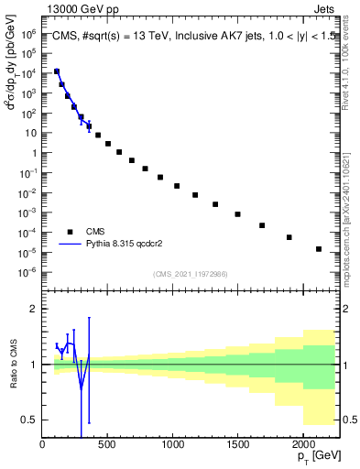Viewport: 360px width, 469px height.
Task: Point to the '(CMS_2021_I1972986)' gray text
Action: pos(191,274)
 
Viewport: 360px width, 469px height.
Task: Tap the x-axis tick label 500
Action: pos(108,444)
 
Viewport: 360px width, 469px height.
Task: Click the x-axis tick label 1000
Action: pos(173,444)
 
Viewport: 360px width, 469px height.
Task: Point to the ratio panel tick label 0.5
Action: pos(30,420)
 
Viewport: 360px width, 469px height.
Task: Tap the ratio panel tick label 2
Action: pos(34,309)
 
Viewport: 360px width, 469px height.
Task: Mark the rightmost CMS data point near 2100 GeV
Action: pos(318,248)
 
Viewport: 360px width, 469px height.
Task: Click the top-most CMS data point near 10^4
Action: pos(57,71)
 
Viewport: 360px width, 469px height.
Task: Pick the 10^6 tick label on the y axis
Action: pos(27,33)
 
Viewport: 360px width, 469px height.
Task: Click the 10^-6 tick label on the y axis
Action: pos(27,272)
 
